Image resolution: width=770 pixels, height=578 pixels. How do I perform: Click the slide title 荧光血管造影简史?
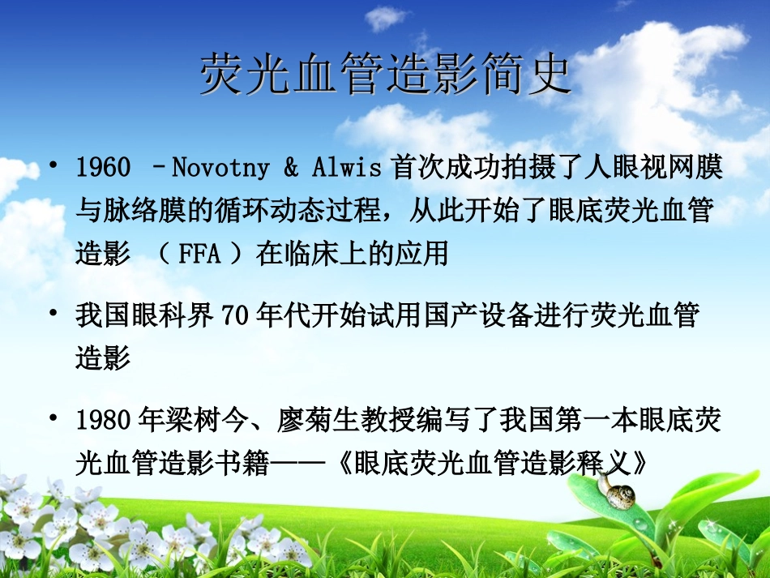pyautogui.click(x=385, y=76)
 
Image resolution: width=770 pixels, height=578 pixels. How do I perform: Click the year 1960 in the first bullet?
pyautogui.click(x=103, y=168)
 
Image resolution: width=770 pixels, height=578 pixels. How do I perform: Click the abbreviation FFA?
pyautogui.click(x=199, y=255)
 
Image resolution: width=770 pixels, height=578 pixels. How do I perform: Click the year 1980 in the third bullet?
pyautogui.click(x=103, y=420)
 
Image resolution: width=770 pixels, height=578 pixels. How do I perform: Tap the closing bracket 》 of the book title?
pyautogui.click(x=640, y=462)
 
